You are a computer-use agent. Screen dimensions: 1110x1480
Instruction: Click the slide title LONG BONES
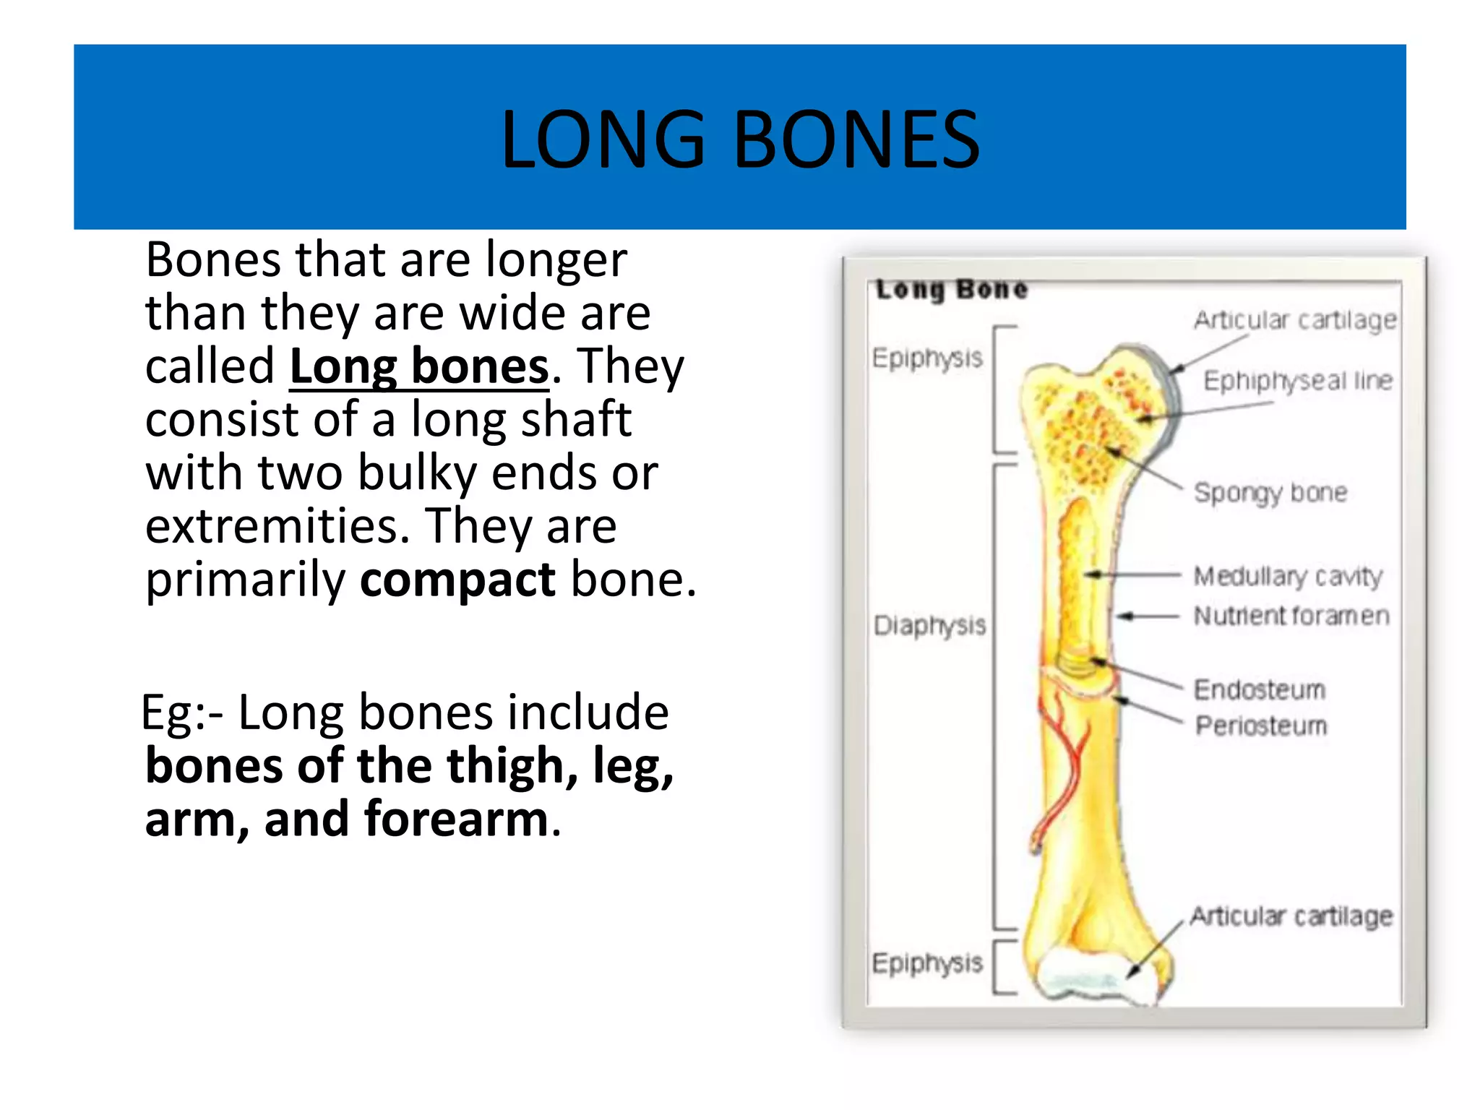740,139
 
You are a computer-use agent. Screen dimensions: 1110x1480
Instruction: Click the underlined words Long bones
419,366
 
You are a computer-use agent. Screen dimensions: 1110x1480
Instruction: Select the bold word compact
457,580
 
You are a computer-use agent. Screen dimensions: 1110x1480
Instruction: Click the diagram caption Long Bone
951,289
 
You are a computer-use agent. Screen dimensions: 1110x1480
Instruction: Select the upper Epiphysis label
927,358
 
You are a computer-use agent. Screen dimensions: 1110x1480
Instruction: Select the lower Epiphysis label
927,963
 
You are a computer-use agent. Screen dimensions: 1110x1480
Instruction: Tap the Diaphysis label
929,625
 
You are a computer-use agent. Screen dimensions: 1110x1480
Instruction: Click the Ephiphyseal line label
1297,381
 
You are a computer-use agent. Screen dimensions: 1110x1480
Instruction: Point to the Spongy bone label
1270,493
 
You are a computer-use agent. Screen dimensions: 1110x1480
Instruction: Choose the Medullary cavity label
1288,577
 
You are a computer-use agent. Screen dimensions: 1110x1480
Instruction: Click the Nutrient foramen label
1291,616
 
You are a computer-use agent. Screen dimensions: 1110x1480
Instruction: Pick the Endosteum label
1259,689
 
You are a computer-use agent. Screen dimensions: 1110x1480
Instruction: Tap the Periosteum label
1261,725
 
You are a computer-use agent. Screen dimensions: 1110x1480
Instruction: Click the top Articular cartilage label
1294,319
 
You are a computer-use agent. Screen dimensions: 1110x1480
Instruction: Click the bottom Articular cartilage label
1291,916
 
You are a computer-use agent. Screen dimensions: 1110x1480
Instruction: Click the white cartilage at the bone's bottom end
1084,976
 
